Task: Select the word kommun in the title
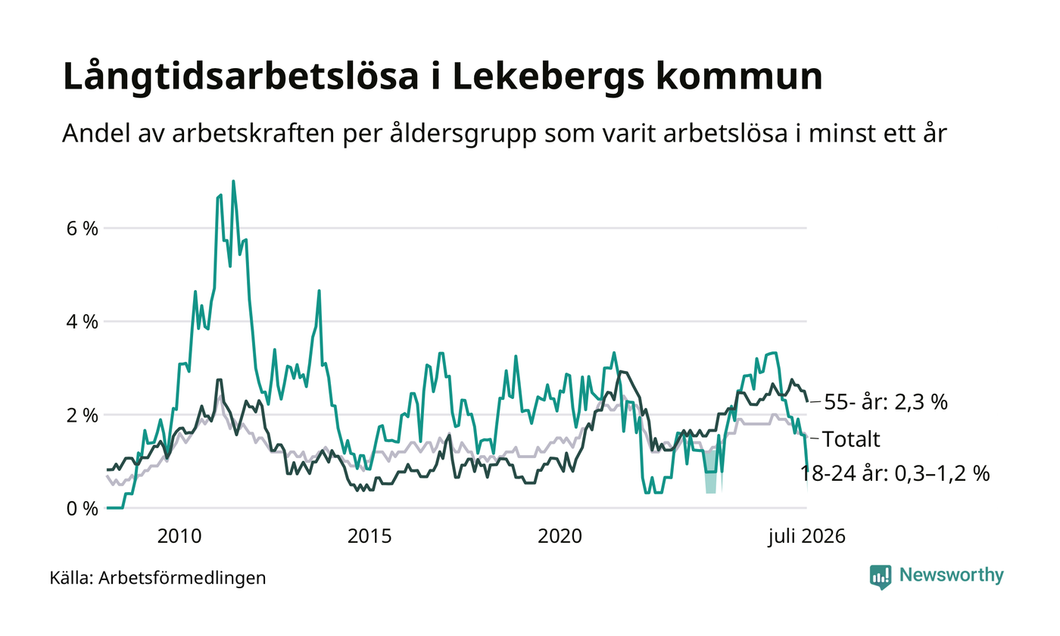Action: tap(739, 76)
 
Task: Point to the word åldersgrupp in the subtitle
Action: tap(463, 133)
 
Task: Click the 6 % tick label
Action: tap(83, 229)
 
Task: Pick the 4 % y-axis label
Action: tap(83, 322)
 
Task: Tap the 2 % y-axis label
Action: tap(83, 415)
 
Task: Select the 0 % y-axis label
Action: tap(83, 509)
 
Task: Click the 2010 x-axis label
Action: tap(179, 536)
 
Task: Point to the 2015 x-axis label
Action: tap(369, 536)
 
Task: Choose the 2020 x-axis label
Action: tap(560, 536)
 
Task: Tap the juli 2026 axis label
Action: tap(807, 537)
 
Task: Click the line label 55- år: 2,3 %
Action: tap(886, 402)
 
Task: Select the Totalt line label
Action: tap(851, 439)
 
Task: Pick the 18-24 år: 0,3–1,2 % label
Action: tap(895, 473)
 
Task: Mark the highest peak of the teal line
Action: tap(233, 181)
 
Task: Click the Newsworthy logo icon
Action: tap(881, 577)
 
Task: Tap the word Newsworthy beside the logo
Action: tap(951, 575)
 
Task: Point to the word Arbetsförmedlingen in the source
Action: tap(182, 578)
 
